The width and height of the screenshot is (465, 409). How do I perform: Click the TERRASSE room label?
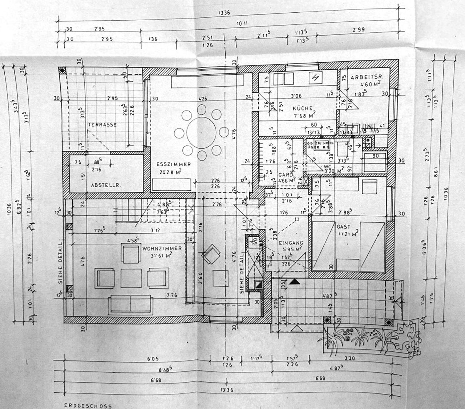pyautogui.click(x=102, y=124)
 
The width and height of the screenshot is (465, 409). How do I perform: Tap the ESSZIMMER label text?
pyautogui.click(x=174, y=164)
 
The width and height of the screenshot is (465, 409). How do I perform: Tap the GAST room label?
pyautogui.click(x=343, y=226)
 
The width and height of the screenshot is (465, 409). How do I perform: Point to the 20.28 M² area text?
pyautogui.click(x=174, y=172)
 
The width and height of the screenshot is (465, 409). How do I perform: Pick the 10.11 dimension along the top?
pyautogui.click(x=241, y=24)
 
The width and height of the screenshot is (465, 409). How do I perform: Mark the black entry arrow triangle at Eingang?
pyautogui.click(x=295, y=281)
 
